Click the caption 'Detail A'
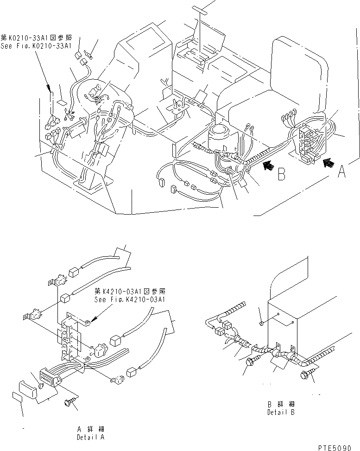point(91,437)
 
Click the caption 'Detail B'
point(281,412)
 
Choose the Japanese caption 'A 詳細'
point(91,430)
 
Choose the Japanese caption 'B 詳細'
point(281,404)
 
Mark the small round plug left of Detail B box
point(262,322)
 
